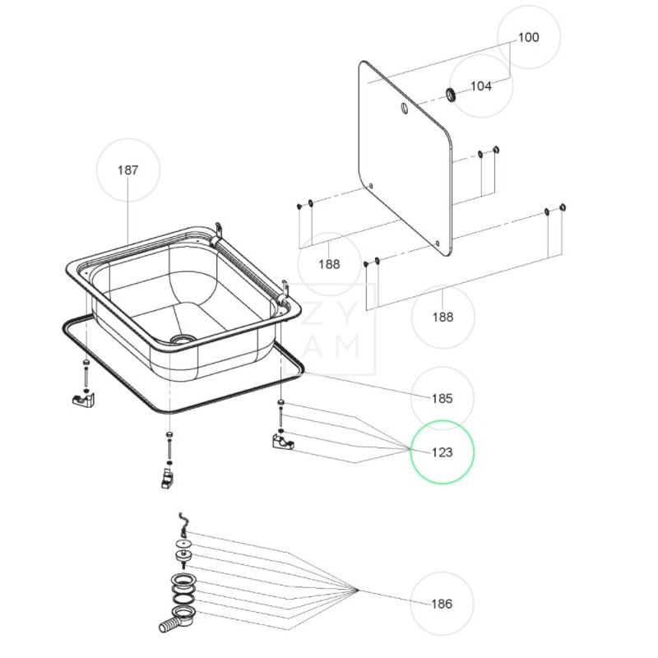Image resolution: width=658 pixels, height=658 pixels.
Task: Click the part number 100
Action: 528,37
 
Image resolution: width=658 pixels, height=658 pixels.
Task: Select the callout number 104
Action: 481,86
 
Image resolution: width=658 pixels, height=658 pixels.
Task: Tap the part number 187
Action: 127,170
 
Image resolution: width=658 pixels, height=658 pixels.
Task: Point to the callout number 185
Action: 442,399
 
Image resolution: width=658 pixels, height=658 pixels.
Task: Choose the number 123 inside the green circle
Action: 442,452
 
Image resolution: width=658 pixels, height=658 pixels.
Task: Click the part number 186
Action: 442,604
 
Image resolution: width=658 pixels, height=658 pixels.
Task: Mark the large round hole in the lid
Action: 404,109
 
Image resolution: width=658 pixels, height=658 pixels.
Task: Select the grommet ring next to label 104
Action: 451,94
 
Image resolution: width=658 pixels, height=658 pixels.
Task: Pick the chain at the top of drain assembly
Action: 183,523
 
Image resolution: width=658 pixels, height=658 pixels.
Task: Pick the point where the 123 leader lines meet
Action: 409,448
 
